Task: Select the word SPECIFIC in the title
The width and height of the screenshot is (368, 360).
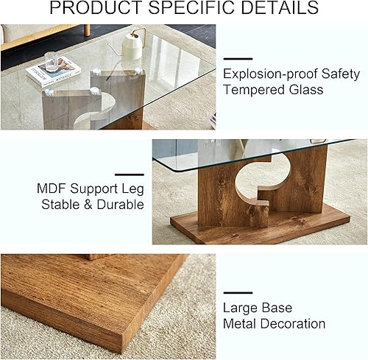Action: pos(196,10)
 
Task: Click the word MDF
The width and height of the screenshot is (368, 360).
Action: pos(53,188)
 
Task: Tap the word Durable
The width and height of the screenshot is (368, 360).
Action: pos(116,205)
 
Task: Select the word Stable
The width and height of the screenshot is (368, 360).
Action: pos(57,205)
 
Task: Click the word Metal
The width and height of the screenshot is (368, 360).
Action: pos(241,324)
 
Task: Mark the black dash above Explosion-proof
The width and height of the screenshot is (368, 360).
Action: pos(237,58)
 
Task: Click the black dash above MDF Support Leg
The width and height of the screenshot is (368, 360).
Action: pos(130,174)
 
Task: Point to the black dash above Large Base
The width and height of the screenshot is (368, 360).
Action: pos(237,292)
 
